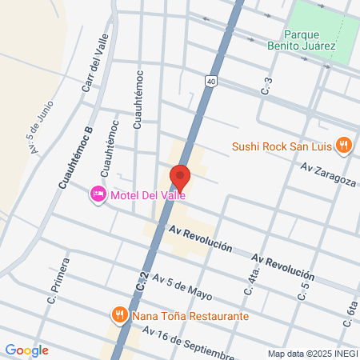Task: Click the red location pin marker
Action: pos(179,177)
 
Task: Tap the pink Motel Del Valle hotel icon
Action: pos(98,194)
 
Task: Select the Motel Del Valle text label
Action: pos(149,194)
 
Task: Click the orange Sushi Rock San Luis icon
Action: pos(343,145)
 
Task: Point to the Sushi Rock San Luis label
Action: pos(282,146)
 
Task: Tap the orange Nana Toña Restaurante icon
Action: pos(119,315)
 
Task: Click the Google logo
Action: pos(26,350)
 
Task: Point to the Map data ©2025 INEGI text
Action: pos(311,354)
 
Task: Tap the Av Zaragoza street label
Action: pos(329,175)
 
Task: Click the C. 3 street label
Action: pos(268,82)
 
